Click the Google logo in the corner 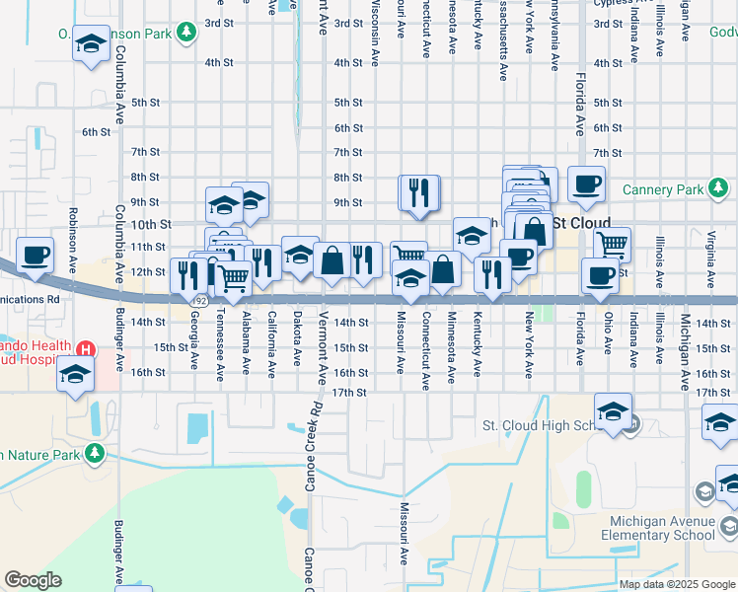(33, 580)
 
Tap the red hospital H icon (86, 349)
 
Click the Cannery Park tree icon (719, 187)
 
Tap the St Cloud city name (581, 223)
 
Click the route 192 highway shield (199, 299)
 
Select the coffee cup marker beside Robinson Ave (36, 255)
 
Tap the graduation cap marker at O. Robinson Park (91, 45)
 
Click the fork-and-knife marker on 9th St (418, 191)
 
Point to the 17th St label (349, 393)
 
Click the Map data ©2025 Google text (676, 584)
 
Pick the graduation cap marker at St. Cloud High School (613, 410)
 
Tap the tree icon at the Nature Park (95, 453)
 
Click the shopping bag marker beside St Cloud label (534, 231)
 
